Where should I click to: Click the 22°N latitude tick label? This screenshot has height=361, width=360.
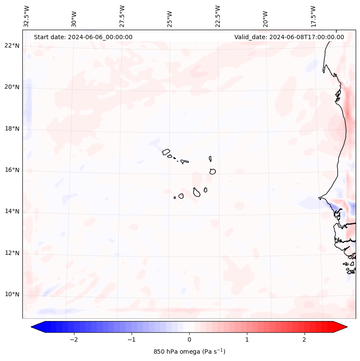point(12,46)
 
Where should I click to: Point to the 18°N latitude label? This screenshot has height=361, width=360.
point(12,129)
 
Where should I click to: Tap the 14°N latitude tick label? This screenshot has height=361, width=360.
point(12,211)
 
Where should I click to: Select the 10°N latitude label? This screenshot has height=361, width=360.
point(12,295)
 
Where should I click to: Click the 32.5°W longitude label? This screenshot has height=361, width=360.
point(26,16)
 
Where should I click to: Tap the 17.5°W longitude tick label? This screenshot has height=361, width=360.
point(313,16)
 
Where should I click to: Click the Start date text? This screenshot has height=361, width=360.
point(83,37)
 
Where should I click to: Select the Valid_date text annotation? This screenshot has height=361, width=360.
point(289,37)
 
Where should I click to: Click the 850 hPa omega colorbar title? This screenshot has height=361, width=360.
point(189,352)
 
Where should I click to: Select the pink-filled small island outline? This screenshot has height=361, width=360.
point(181,196)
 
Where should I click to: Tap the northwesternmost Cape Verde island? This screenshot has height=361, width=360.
point(166,151)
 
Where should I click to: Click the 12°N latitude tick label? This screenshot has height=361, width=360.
point(12,253)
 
